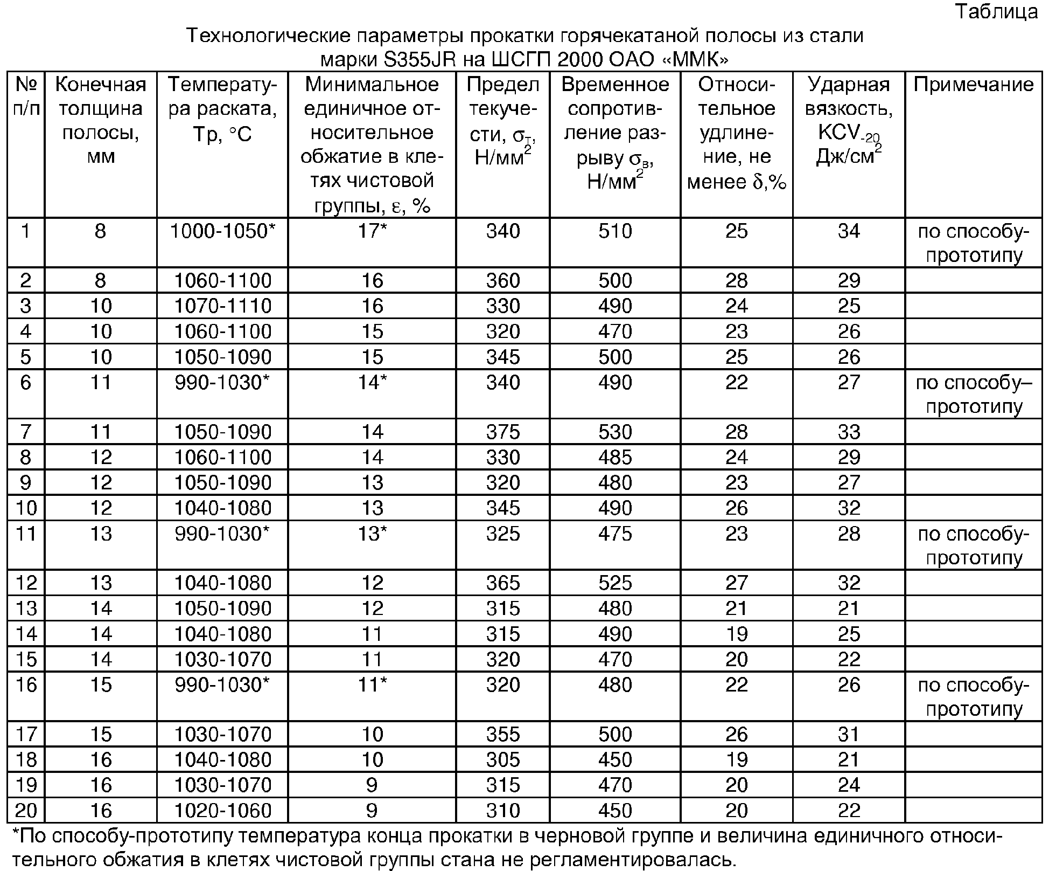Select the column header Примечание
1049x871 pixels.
click(974, 85)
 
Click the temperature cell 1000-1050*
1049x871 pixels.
click(222, 231)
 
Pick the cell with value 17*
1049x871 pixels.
click(372, 231)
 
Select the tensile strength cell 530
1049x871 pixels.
click(615, 432)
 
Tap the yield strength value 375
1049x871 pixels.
click(503, 432)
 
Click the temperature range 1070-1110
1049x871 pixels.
click(222, 306)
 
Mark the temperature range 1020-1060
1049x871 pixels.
click(222, 810)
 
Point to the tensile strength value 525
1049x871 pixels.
click(615, 583)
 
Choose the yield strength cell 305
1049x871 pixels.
click(503, 759)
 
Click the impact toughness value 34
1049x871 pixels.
click(849, 231)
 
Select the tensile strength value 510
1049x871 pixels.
click(615, 231)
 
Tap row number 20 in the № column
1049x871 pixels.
click(26, 810)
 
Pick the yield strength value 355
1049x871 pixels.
click(503, 734)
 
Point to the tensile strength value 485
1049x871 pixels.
click(615, 457)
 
